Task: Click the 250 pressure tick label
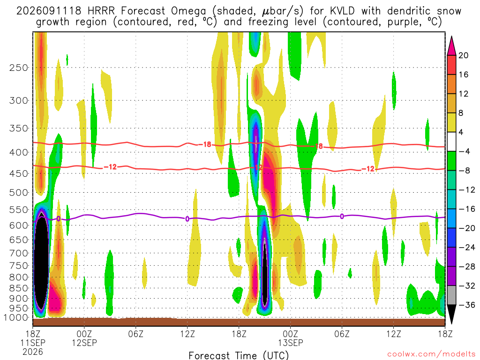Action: click(19, 67)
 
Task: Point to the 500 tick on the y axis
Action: click(19, 193)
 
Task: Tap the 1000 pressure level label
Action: click(16, 317)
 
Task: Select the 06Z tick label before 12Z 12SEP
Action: click(135, 333)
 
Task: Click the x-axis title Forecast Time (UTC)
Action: click(239, 355)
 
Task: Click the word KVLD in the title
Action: click(342, 11)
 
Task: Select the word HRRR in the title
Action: click(101, 11)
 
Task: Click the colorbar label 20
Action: click(463, 55)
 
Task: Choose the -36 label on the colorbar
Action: click(466, 305)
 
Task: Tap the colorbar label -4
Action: click(464, 151)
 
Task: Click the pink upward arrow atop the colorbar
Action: click(451, 46)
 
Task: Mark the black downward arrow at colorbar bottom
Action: click(451, 314)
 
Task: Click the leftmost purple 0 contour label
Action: click(59, 218)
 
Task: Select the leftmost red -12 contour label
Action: click(110, 167)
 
